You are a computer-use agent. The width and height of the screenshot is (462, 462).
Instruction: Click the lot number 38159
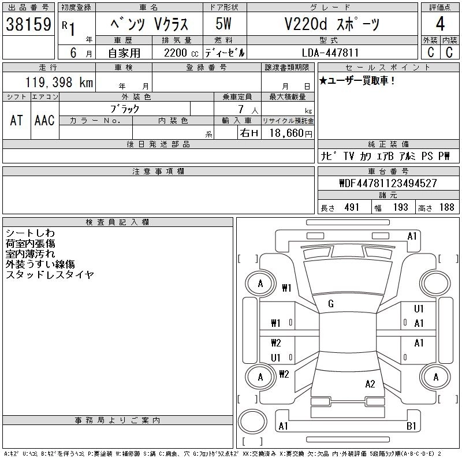28,24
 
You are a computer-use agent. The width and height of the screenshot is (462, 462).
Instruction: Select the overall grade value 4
440,24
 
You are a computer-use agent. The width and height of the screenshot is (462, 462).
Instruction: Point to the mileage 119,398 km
59,82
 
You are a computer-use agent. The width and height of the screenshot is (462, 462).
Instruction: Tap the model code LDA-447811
330,53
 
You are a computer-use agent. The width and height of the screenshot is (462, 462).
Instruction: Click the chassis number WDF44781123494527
388,183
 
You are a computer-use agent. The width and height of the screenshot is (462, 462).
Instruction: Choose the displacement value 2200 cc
181,53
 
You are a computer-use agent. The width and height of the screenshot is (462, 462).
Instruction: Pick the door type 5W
223,24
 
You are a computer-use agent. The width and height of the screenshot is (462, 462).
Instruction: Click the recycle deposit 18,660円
290,133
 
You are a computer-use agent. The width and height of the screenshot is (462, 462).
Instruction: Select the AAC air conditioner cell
44,121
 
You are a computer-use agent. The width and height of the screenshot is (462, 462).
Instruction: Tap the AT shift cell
17,121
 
